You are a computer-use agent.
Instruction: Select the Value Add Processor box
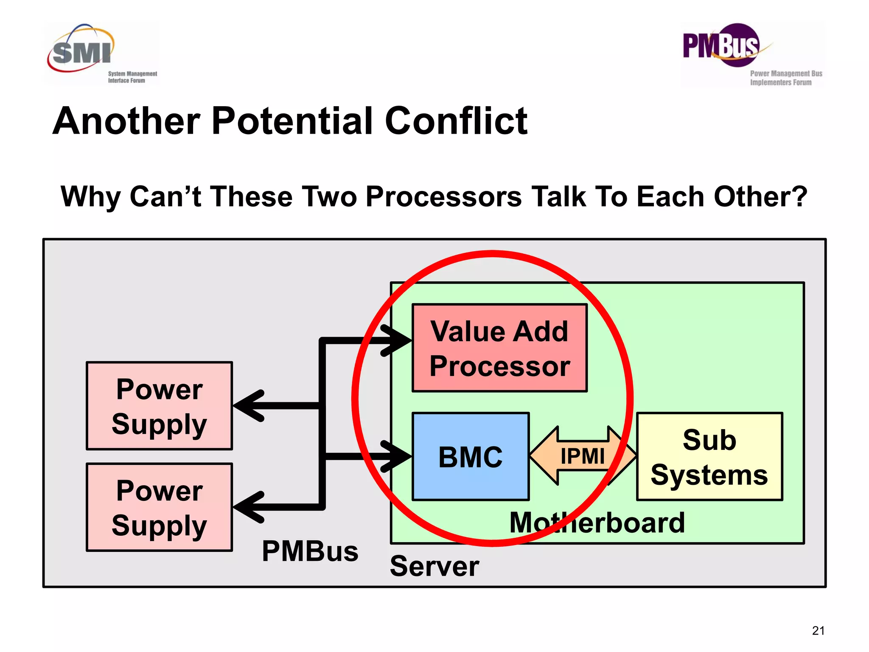click(499, 348)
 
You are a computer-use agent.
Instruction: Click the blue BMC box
click(470, 457)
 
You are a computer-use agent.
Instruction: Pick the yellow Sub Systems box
click(709, 457)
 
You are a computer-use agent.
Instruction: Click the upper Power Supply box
click(159, 406)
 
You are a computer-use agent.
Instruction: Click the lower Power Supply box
click(159, 507)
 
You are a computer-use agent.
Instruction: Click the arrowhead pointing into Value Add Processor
click(397, 340)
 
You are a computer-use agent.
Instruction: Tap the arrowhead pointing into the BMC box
click(397, 456)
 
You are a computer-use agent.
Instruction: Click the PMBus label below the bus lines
click(310, 551)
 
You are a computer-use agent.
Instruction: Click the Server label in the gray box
click(434, 566)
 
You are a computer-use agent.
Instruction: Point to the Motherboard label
click(597, 523)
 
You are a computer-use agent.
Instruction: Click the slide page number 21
click(818, 631)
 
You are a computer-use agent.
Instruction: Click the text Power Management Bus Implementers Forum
click(785, 78)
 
